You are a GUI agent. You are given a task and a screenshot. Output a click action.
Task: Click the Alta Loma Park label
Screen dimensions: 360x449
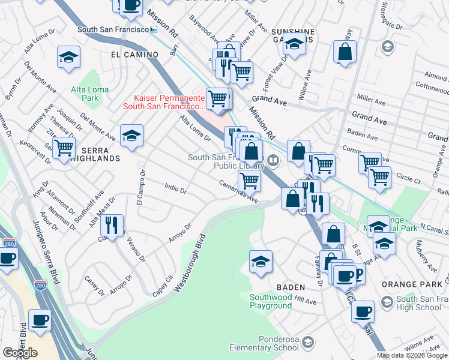click(90, 93)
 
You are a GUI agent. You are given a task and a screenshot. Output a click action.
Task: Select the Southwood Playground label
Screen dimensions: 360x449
click(271, 301)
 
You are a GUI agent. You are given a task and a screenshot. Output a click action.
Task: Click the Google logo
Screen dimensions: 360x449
click(20, 353)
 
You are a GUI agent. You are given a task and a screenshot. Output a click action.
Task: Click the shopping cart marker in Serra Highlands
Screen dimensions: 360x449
click(64, 148)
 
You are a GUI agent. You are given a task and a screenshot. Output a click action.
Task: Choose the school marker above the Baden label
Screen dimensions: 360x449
click(261, 262)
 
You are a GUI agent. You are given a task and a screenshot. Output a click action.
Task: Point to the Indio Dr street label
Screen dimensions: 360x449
click(175, 188)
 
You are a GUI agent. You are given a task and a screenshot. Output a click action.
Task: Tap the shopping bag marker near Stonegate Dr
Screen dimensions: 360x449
click(345, 52)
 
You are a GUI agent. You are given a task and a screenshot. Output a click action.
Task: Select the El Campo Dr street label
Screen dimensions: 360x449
click(141, 190)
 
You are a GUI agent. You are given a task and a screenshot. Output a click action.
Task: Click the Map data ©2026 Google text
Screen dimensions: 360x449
click(412, 355)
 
